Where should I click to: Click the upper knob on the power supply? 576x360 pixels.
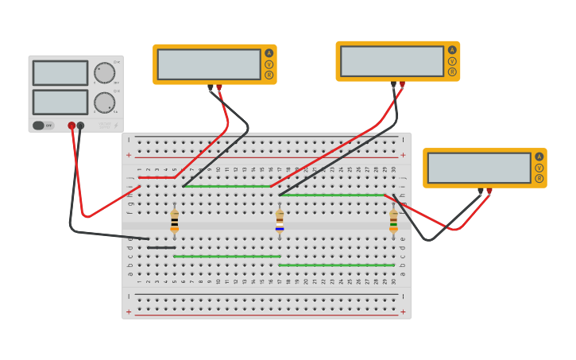tap(104, 73)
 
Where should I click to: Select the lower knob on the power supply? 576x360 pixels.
tap(104, 103)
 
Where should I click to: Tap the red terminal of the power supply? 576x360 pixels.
tap(72, 126)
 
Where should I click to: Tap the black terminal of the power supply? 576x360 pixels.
tap(80, 126)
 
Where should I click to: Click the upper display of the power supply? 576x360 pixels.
tap(60, 73)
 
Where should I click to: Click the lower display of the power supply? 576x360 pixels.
tap(60, 102)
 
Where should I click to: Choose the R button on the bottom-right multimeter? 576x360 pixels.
tap(539, 179)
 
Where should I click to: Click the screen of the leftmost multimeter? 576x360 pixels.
tap(209, 64)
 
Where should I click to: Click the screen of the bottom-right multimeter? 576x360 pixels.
tap(479, 168)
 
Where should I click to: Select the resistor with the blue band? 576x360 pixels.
tap(280, 220)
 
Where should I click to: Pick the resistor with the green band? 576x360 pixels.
tap(393, 220)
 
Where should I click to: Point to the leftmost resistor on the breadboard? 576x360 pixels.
tap(175, 220)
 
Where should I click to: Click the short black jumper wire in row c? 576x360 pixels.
tap(161, 247)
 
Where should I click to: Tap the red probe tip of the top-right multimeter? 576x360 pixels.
tap(402, 84)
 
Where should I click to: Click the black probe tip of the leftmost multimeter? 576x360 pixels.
tap(211, 87)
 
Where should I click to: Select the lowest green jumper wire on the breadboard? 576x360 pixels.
tap(336, 265)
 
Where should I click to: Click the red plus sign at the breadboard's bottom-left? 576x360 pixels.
tap(129, 312)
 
